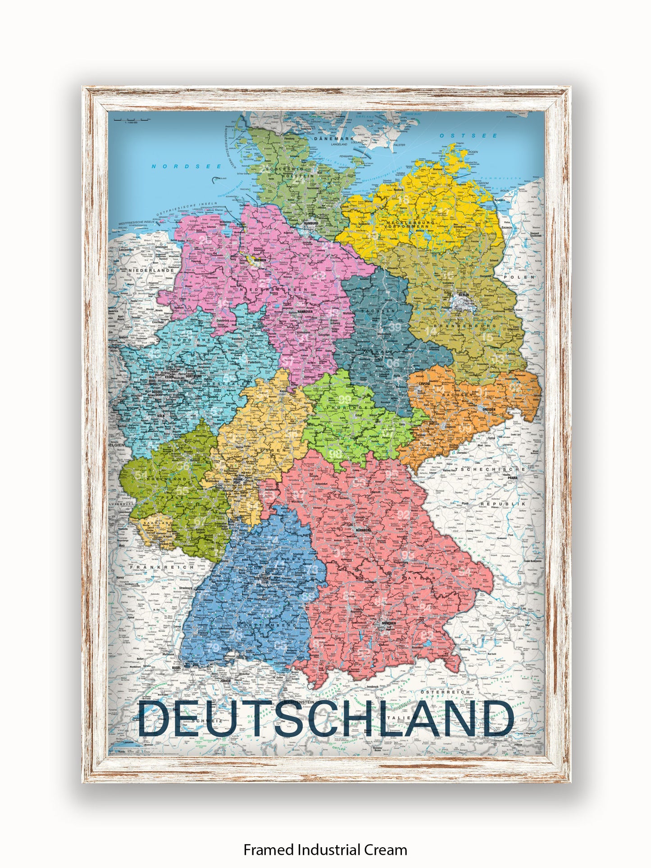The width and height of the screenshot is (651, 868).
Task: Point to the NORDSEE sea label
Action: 187,166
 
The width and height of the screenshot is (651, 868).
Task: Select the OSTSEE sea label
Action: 469,136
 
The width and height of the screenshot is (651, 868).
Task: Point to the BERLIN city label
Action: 463,295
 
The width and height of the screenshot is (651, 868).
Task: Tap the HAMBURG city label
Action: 311,224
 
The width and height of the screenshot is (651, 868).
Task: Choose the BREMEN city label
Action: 260,260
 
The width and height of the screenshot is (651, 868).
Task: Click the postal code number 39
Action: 395,327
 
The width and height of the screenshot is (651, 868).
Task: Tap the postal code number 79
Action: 214,648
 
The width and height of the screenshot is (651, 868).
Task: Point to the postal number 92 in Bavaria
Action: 403,515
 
